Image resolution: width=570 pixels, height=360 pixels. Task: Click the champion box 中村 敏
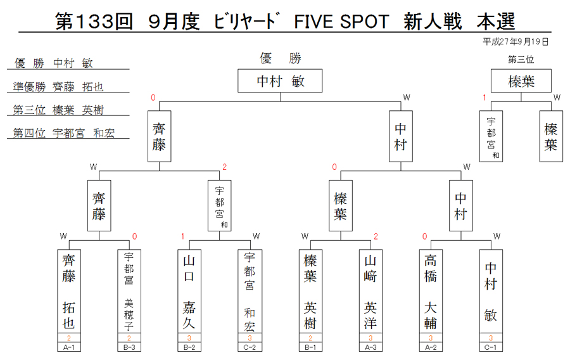pos(280,80)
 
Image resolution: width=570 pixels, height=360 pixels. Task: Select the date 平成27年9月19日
pos(516,42)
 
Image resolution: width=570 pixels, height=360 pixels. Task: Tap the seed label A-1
pos(68,347)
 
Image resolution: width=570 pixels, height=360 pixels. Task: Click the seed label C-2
pos(250,347)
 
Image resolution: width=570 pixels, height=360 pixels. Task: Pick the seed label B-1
pos(310,347)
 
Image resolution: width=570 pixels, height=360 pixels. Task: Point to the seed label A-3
pos(370,347)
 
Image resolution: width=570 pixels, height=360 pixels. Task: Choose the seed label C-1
pos(491,347)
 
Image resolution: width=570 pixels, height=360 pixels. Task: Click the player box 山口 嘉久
pos(189,291)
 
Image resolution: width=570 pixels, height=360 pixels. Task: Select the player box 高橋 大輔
pos(431,291)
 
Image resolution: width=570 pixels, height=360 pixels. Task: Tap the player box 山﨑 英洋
pos(370,291)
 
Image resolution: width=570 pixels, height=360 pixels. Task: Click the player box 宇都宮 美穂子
pos(129,291)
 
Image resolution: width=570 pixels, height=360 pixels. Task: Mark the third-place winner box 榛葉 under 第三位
pos(521,80)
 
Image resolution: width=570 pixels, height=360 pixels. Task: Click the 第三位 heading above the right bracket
pos(521,60)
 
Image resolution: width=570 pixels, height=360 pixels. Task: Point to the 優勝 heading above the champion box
pos(281,58)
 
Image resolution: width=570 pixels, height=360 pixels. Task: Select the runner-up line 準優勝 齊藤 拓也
pos(58,87)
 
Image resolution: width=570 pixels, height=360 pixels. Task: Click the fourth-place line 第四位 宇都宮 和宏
pos(63,133)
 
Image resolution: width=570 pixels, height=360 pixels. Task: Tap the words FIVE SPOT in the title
pos(341,22)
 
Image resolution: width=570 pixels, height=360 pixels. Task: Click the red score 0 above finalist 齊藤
pos(153,98)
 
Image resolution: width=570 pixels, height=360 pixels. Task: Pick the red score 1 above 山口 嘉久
pos(182,236)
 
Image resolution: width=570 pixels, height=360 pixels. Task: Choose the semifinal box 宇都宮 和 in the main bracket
pos(219,205)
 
